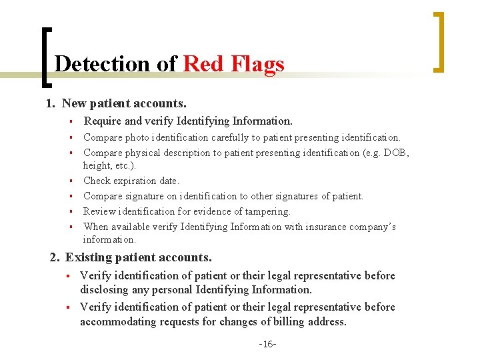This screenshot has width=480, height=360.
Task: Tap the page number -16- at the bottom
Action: [267, 344]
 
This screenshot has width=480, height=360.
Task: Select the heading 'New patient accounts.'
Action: [124, 103]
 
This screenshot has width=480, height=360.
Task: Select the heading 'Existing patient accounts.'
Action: [139, 257]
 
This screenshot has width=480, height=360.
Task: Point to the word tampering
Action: [265, 211]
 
